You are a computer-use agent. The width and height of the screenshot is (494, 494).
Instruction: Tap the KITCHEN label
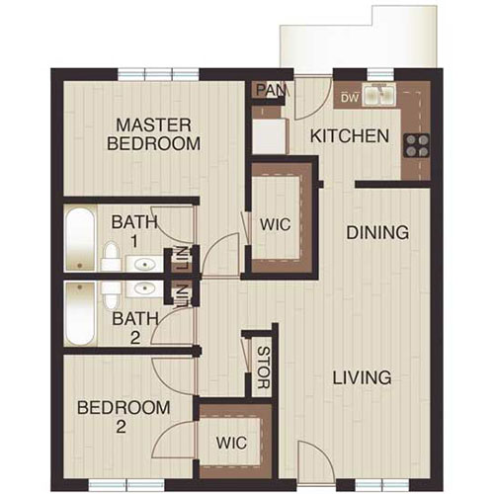[350, 135]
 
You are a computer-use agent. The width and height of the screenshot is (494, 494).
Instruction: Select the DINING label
[377, 233]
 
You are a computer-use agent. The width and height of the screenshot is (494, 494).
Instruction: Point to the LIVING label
[362, 377]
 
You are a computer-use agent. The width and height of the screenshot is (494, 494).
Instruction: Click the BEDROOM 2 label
[124, 417]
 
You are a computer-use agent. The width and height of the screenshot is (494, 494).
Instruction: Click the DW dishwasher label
[348, 98]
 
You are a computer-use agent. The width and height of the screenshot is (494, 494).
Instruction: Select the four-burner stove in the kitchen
[417, 147]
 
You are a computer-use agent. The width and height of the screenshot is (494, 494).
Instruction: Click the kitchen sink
[379, 96]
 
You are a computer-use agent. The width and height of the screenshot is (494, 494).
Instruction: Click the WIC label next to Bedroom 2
[233, 441]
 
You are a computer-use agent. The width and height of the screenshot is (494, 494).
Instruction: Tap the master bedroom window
[158, 73]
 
